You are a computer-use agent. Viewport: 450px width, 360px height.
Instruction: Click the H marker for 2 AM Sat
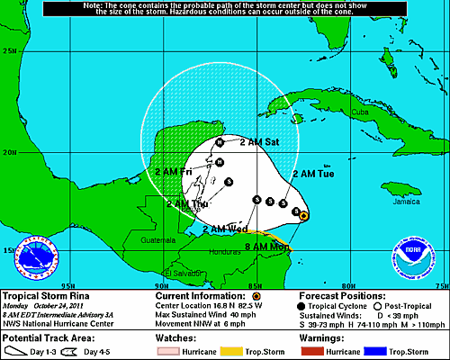(219, 143)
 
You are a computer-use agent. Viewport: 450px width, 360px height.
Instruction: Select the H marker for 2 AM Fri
(219, 162)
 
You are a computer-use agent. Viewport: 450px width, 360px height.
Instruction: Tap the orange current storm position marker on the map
(304, 216)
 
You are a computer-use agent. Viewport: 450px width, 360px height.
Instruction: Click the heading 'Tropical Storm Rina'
(41, 295)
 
